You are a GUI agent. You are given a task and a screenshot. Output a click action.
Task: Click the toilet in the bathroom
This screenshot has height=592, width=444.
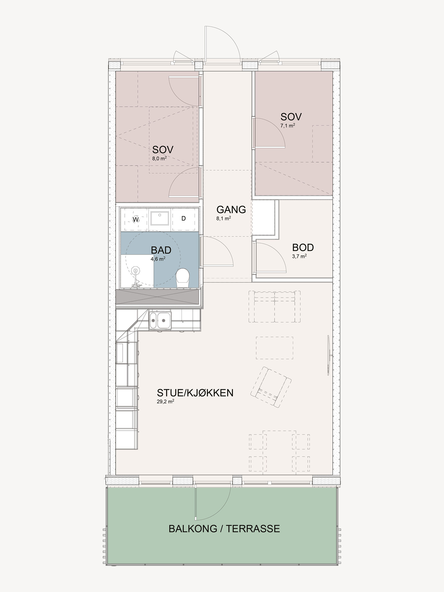[183, 278]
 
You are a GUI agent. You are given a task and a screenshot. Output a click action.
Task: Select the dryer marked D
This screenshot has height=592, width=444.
[184, 219]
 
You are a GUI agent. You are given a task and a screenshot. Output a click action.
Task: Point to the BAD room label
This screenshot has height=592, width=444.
[161, 250]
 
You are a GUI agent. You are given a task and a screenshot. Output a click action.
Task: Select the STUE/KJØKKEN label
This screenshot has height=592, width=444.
[195, 393]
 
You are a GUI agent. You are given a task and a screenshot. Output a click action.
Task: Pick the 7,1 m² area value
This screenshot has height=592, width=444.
[288, 125]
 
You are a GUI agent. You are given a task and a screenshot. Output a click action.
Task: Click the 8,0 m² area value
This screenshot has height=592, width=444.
[159, 158]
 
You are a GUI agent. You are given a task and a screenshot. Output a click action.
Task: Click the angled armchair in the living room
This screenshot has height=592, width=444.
[271, 387]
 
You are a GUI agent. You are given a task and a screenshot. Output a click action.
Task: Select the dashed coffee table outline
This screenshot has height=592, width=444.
[275, 348]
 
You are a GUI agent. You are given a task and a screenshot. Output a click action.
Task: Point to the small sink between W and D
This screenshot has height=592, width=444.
[159, 218]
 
